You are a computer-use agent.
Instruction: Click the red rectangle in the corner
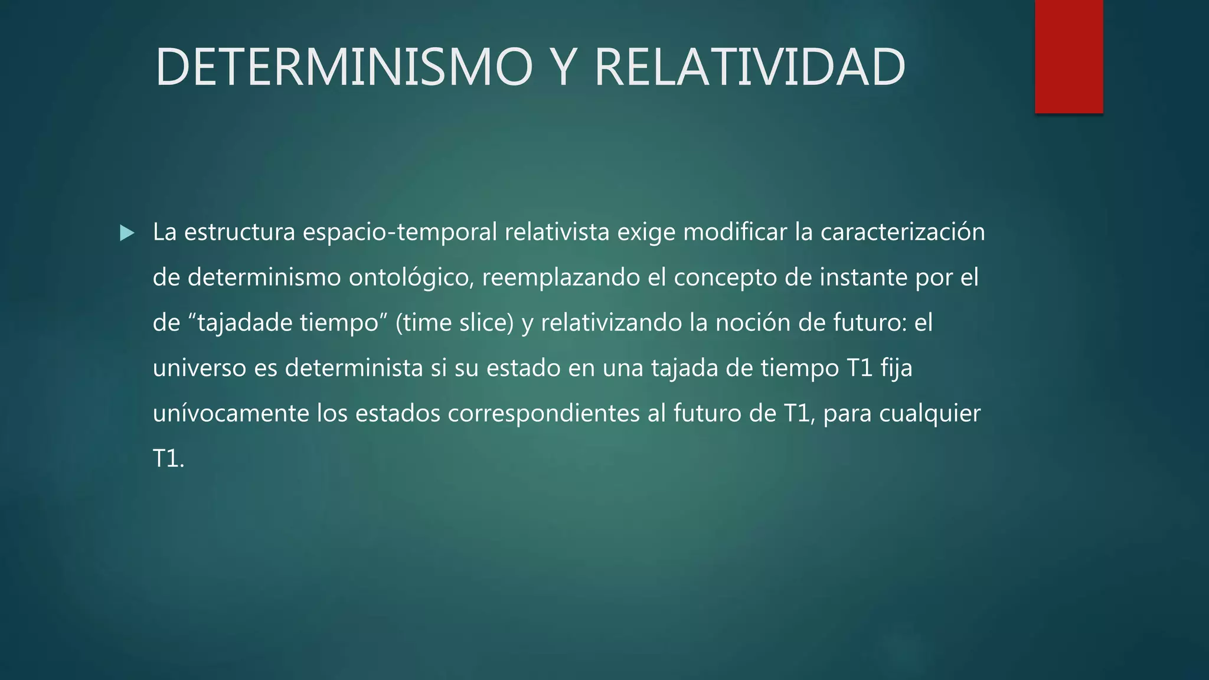coord(1069,57)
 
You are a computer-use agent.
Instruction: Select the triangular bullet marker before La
coord(126,233)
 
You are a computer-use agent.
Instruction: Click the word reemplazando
coord(561,277)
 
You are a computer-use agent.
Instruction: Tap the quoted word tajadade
coord(244,323)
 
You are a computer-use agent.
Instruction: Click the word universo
coord(199,368)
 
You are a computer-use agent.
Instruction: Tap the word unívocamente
coord(231,413)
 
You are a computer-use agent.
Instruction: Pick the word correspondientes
coord(544,413)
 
